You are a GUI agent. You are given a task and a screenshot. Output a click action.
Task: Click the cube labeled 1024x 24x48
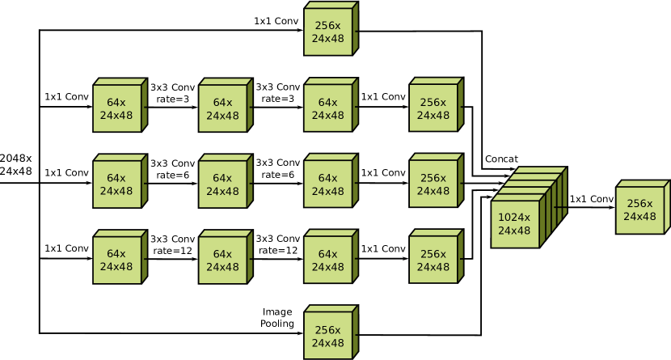coord(515,224)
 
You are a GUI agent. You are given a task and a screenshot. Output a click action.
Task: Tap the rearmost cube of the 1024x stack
coord(540,171)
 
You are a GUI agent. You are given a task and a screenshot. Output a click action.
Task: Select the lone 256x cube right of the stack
coord(639,210)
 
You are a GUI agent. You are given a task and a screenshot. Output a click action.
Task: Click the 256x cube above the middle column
coord(327,32)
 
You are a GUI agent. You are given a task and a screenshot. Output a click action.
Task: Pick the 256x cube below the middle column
coord(327,337)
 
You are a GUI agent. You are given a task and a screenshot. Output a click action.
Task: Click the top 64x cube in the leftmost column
coord(116,108)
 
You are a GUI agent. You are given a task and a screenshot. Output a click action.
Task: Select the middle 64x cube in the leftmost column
coord(116,184)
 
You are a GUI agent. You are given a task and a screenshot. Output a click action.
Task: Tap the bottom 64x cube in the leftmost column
coord(116,260)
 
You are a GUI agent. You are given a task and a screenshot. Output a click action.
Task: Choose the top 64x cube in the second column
coord(222,108)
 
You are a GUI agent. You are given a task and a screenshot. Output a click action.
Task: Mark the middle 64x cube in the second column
coord(222,184)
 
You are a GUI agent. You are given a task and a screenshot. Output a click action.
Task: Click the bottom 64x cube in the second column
coord(222,260)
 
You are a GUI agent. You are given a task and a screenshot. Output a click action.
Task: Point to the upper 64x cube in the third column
coord(327,108)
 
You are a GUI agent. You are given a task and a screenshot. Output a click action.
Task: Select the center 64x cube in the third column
coord(327,184)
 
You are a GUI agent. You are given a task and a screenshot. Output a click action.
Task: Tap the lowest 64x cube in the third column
coord(327,260)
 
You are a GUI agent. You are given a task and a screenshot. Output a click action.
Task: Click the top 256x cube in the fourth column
coord(433,108)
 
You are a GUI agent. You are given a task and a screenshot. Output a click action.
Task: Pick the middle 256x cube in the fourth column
coord(433,184)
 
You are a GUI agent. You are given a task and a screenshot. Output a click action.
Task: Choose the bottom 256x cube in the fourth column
coord(433,260)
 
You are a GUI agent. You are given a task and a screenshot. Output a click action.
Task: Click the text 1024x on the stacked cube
coord(514,218)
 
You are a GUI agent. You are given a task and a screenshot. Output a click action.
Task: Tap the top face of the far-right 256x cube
coord(644,184)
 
